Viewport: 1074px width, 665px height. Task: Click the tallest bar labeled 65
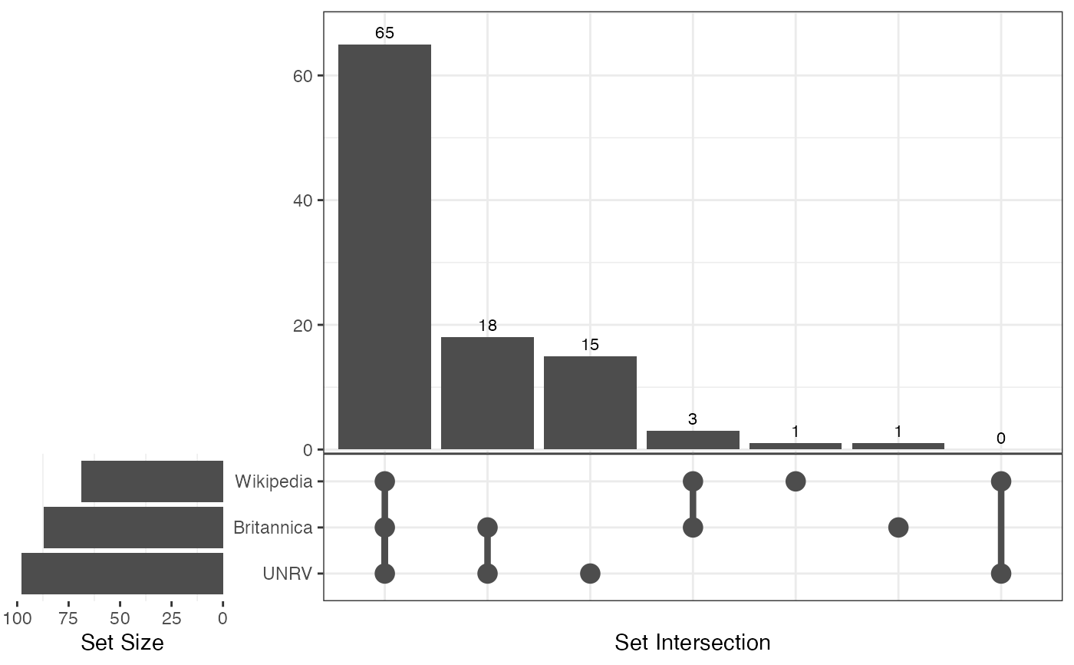(x=384, y=246)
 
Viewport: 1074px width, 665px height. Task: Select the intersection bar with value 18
(x=487, y=392)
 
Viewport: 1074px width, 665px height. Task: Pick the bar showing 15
(x=590, y=402)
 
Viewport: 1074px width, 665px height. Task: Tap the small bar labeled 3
(x=693, y=440)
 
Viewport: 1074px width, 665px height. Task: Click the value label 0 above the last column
(x=1000, y=438)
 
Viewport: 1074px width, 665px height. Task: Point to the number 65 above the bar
(x=384, y=33)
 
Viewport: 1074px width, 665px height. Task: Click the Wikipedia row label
(x=274, y=481)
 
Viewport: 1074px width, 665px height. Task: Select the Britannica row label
(x=272, y=528)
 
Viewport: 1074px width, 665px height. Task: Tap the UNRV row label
(x=288, y=574)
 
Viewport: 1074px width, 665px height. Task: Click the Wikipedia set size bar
(x=152, y=481)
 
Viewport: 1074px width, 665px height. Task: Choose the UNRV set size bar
(x=122, y=574)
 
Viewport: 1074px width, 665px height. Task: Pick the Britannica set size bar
(x=133, y=528)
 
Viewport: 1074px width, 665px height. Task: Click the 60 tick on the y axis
(x=296, y=76)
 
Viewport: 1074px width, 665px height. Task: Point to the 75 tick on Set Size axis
(x=68, y=618)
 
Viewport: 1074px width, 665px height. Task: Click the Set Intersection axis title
(x=692, y=642)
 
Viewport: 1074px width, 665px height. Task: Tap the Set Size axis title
(x=122, y=642)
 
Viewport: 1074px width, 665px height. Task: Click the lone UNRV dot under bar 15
(x=590, y=574)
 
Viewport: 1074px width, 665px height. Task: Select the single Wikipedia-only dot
(x=796, y=481)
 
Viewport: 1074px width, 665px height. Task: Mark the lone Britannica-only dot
(x=898, y=528)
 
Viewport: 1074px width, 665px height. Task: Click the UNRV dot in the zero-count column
(x=1000, y=574)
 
